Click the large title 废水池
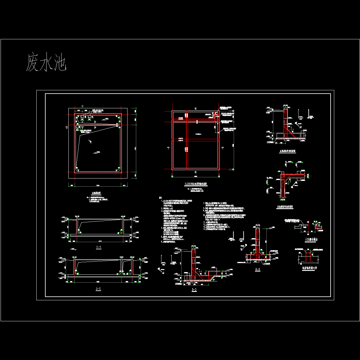(x=46, y=62)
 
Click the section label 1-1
(x=98, y=247)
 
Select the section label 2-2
(x=98, y=289)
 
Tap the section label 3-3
(x=194, y=290)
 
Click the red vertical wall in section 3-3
(x=193, y=261)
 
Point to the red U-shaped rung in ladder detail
(x=308, y=256)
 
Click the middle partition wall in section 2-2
(x=122, y=267)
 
